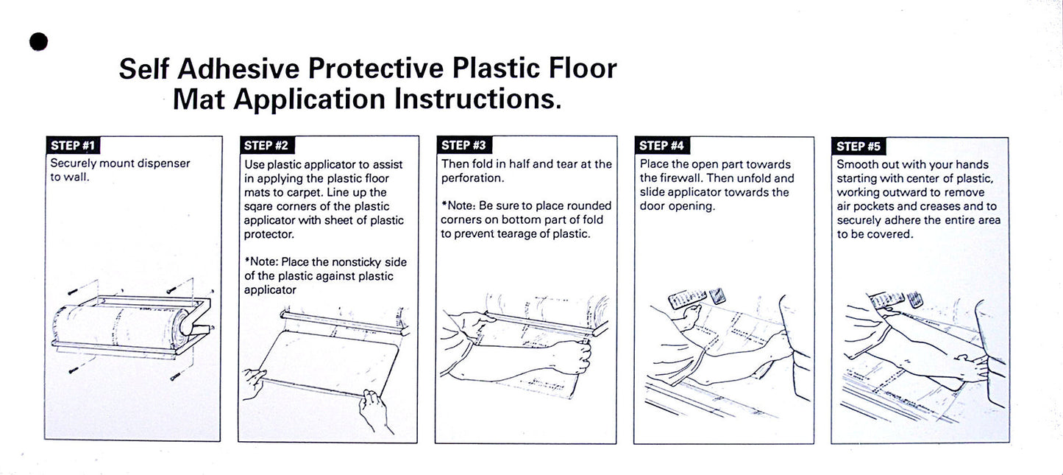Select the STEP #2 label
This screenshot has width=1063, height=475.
pyautogui.click(x=266, y=145)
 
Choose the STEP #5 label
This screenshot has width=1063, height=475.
pyautogui.click(x=858, y=146)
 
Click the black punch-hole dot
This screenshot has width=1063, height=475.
pyautogui.click(x=38, y=42)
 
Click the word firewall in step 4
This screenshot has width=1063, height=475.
pyautogui.click(x=678, y=178)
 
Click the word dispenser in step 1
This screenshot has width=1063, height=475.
pyautogui.click(x=164, y=163)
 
